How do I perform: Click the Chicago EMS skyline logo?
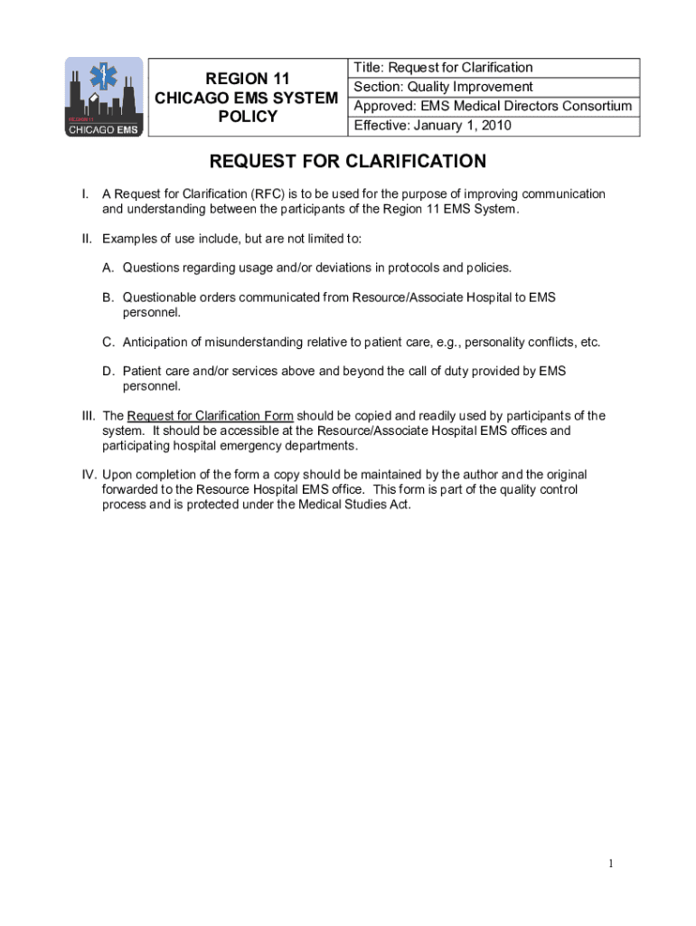point(103,97)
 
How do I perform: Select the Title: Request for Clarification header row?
point(443,68)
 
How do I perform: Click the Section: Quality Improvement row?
point(443,87)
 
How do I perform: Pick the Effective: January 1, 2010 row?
point(432,126)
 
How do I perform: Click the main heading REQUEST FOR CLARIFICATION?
point(348,162)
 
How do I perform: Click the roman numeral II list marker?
point(87,239)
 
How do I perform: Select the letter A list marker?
point(108,268)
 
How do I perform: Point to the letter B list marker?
point(108,297)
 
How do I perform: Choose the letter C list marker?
point(108,342)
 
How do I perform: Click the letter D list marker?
point(108,371)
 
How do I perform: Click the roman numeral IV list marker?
point(89,475)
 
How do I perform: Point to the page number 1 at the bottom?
point(612,864)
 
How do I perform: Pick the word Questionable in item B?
point(159,297)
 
